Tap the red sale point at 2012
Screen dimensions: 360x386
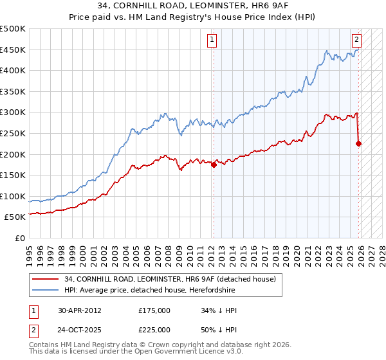coord(213,165)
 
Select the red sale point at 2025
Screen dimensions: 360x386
coord(358,143)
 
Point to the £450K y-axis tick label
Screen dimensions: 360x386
coord(13,50)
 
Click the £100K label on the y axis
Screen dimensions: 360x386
coord(13,196)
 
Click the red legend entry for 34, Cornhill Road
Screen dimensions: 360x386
coord(170,279)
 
